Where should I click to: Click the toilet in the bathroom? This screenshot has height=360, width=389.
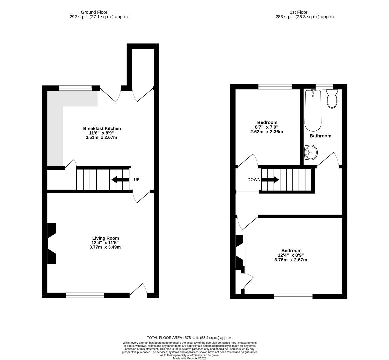pyautogui.click(x=332, y=99)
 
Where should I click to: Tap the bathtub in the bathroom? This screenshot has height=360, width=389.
pyautogui.click(x=313, y=111)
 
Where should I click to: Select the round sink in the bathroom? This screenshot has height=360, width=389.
pyautogui.click(x=311, y=152)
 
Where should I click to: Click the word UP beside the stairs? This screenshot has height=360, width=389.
pyautogui.click(x=136, y=180)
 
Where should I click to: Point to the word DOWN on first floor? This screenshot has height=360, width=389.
pyautogui.click(x=254, y=180)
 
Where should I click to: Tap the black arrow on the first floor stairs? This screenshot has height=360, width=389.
pyautogui.click(x=270, y=180)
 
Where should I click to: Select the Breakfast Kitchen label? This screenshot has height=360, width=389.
pyautogui.click(x=102, y=128)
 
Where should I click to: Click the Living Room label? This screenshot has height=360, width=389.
pyautogui.click(x=105, y=238)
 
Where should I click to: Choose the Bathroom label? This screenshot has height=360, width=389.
pyautogui.click(x=320, y=136)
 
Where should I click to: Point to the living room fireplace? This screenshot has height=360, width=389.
pyautogui.click(x=53, y=243)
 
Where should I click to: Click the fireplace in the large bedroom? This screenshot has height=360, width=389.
pyautogui.click(x=240, y=251)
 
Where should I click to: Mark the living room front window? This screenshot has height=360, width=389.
pyautogui.click(x=85, y=295)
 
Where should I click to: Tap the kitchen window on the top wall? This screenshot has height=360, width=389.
pyautogui.click(x=75, y=88)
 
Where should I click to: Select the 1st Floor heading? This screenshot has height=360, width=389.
pyautogui.click(x=298, y=12)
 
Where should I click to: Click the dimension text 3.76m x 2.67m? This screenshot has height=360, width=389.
pyautogui.click(x=290, y=260)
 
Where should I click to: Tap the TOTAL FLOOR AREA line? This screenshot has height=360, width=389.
pyautogui.click(x=190, y=338)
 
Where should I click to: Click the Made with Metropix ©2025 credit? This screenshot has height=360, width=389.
pyautogui.click(x=190, y=358)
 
